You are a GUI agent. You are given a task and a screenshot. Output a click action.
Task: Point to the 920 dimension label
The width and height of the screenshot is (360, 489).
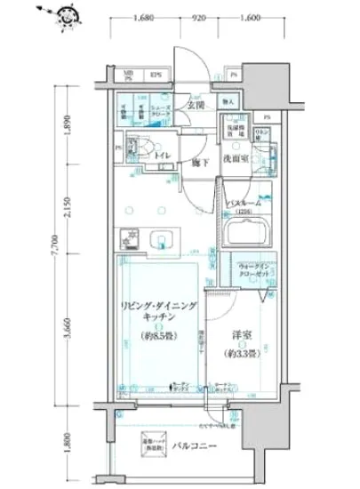198,19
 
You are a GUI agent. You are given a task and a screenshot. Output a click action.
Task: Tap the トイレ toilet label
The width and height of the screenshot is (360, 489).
162,155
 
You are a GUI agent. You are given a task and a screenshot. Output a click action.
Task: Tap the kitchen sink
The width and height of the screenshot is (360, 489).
163,238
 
